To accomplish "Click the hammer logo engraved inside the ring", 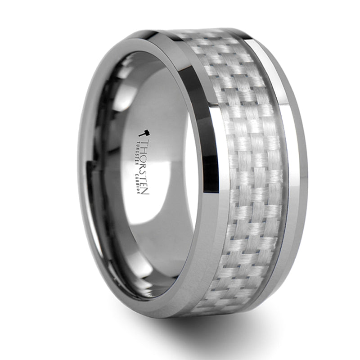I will click(144, 133).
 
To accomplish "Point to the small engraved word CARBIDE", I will click(138, 183).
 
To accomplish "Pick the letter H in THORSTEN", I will click(144, 150).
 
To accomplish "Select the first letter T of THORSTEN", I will click(144, 143).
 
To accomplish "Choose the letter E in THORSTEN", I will click(144, 184).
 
